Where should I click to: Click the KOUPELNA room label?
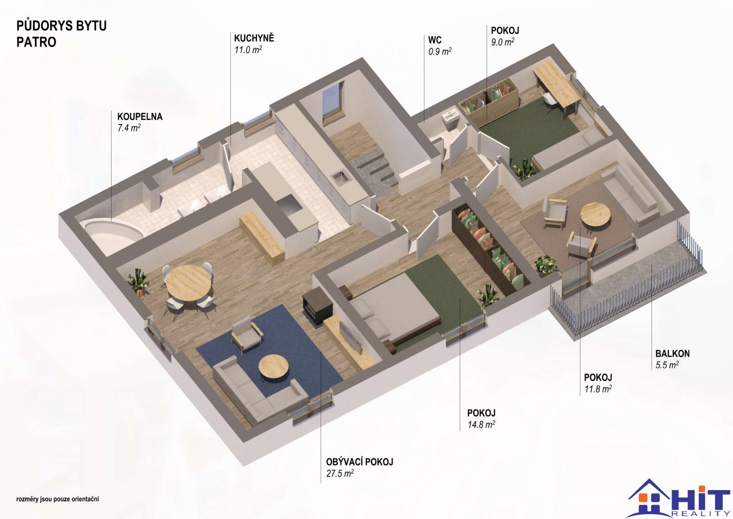[x=140, y=117]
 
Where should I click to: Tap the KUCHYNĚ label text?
[x=254, y=38]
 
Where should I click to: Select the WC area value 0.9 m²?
[x=440, y=51]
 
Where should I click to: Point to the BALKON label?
[x=672, y=354]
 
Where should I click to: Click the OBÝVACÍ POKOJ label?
[x=359, y=462]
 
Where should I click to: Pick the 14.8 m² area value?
[x=481, y=425]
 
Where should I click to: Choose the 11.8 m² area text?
[x=598, y=389]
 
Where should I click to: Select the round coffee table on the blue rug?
[x=274, y=367]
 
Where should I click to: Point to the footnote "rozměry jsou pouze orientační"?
[x=57, y=499]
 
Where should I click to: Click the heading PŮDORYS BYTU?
[x=61, y=26]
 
